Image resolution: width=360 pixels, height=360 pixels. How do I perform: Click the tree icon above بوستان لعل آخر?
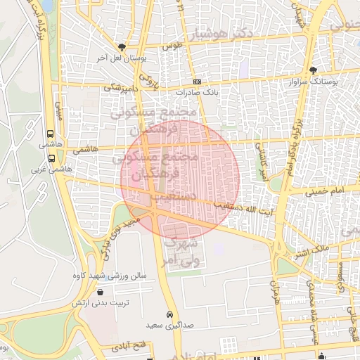(122, 46)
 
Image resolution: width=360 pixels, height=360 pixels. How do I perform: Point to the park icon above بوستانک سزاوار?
(313, 70)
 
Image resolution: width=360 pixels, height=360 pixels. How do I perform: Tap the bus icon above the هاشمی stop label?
(49, 133)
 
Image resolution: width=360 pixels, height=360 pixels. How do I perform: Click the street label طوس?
(167, 46)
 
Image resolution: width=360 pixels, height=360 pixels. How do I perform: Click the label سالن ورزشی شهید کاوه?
(109, 276)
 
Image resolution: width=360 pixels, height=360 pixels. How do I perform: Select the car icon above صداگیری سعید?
(169, 314)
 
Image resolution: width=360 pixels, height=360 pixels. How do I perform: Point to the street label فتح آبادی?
(127, 347)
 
